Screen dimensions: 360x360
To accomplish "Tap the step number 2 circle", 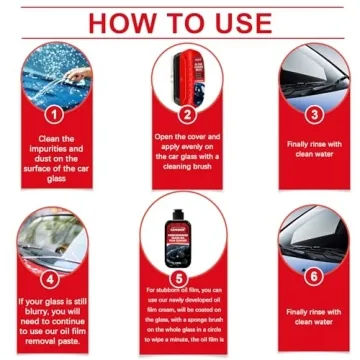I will point(185,113).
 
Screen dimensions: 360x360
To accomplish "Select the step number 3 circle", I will point(314,113).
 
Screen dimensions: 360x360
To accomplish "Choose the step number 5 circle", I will point(180,277).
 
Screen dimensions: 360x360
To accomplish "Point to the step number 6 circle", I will point(314,277).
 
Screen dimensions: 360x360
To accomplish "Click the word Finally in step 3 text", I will point(296,143).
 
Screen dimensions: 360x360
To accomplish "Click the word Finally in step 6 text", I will point(296,312).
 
